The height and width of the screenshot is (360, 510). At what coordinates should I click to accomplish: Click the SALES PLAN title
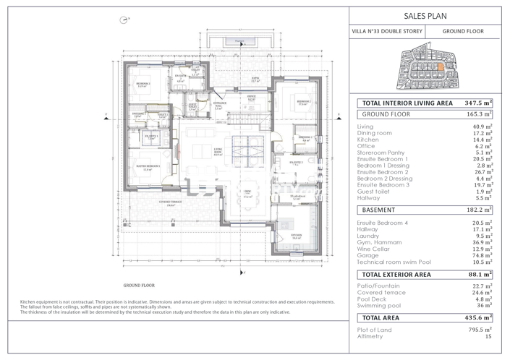424,14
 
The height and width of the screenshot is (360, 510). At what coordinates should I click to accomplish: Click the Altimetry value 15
488,337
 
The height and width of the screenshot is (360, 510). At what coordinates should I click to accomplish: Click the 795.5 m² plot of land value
480,330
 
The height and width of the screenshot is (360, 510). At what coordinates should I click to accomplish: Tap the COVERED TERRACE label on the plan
170,203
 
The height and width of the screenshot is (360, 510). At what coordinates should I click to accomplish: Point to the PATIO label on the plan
255,77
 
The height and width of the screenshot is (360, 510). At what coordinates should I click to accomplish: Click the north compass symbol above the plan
124,20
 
